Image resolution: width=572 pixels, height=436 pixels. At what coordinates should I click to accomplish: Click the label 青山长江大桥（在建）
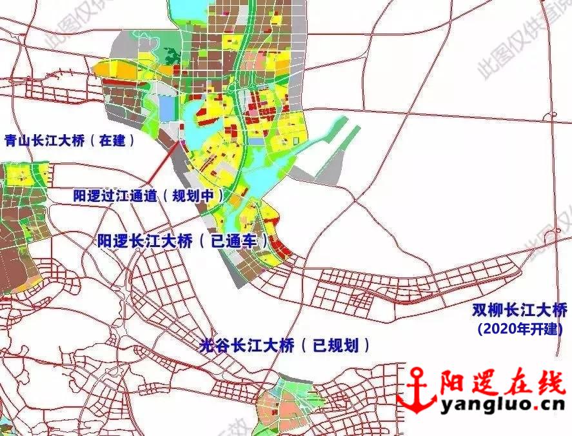[x=70, y=140]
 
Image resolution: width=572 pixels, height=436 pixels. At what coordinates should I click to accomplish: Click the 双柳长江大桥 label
[x=520, y=310]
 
